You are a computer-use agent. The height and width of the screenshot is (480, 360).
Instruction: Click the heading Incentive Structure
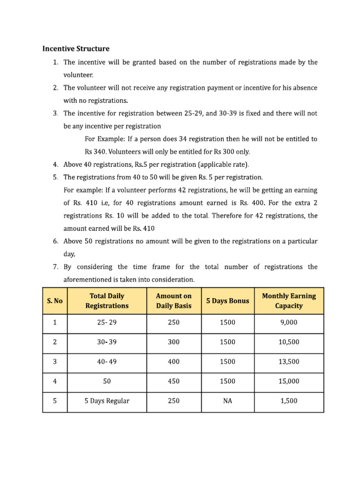click(x=76, y=48)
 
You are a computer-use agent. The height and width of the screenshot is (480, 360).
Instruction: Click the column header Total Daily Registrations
click(x=107, y=300)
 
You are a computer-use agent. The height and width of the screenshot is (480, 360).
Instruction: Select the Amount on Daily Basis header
click(x=174, y=300)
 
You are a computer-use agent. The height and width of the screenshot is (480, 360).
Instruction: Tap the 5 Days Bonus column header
click(x=227, y=300)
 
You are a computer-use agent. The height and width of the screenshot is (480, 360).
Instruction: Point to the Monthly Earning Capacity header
click(x=289, y=300)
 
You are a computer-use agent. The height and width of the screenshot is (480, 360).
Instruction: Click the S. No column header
click(x=55, y=300)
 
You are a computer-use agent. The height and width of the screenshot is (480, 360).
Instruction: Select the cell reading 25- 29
click(x=107, y=322)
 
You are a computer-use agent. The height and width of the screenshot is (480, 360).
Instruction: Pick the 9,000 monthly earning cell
click(x=289, y=322)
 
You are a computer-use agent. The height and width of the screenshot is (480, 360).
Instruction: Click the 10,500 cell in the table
click(x=289, y=342)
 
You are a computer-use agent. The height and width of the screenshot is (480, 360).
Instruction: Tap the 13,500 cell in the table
click(x=289, y=362)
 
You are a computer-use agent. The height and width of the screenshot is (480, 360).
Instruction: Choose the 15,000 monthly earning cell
click(x=289, y=381)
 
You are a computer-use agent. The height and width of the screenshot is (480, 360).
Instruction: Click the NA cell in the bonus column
click(x=227, y=401)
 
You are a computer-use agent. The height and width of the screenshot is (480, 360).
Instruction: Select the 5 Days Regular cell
click(x=107, y=401)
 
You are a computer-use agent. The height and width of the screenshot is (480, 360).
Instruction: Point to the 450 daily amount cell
click(x=174, y=381)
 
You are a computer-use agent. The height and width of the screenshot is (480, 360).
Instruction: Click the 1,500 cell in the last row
click(x=289, y=401)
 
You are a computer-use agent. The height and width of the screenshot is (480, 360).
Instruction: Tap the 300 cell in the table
click(x=174, y=342)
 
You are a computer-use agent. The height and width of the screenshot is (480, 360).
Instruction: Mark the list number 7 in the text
click(x=55, y=267)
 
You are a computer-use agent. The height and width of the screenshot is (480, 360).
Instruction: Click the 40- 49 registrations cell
click(x=107, y=362)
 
